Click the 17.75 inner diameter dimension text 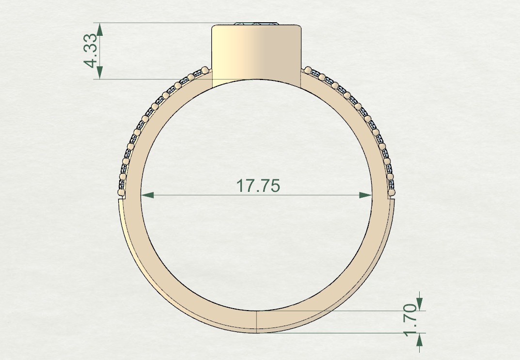(257, 186)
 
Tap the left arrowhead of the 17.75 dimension (147, 195)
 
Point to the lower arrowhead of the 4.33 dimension (100, 72)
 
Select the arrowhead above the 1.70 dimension (419, 304)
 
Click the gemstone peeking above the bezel (257, 23)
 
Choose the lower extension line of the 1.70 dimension (339, 333)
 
